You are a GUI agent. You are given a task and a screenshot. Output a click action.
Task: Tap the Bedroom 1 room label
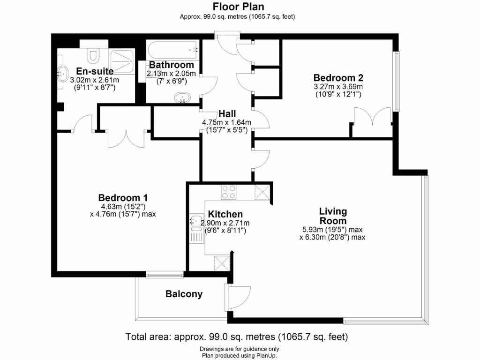120,198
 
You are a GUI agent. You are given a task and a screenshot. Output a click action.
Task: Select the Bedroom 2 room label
338,78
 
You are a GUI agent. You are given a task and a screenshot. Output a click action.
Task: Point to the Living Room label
333,216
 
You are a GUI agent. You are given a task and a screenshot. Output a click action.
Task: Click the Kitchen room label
225,214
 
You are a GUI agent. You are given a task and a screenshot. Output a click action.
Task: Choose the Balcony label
184,294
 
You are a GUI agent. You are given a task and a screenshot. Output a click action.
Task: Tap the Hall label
227,114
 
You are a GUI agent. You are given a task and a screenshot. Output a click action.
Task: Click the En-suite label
95,72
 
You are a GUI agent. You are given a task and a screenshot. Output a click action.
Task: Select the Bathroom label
171,65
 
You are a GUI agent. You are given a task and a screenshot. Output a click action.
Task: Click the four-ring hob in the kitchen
229,192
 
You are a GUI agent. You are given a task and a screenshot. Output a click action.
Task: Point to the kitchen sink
195,220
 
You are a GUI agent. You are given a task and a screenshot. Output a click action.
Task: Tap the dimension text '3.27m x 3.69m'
338,87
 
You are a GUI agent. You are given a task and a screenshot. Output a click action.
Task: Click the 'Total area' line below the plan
237,337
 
